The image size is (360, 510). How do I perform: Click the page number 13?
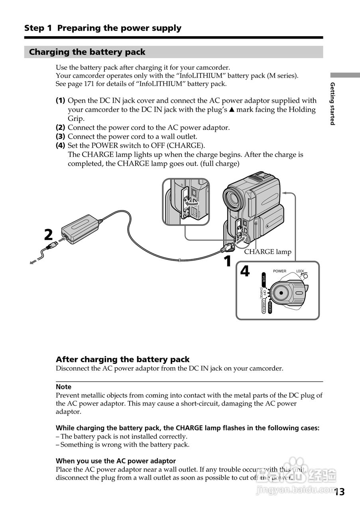pos(339,492)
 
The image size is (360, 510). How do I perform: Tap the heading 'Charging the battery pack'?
pos(87,52)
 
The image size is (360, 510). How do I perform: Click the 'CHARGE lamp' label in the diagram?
pos(268,252)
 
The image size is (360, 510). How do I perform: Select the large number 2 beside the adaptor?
pos(48,235)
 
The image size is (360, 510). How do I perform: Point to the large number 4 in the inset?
pos(245,271)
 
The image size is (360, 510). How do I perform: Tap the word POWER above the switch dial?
pos(279,271)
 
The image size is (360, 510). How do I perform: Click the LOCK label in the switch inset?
pos(300,271)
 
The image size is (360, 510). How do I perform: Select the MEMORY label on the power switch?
pos(270,307)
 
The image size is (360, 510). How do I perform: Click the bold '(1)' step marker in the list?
pos(60,100)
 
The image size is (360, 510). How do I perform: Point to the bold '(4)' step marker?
pos(60,145)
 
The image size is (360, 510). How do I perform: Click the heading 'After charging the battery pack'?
pos(122,359)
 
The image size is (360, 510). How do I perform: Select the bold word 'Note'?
pos(63,386)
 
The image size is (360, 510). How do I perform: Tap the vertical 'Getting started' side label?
pos(332,104)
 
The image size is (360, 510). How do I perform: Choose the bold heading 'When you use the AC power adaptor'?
pos(116,461)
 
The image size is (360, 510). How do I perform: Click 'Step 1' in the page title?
pos(38,28)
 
